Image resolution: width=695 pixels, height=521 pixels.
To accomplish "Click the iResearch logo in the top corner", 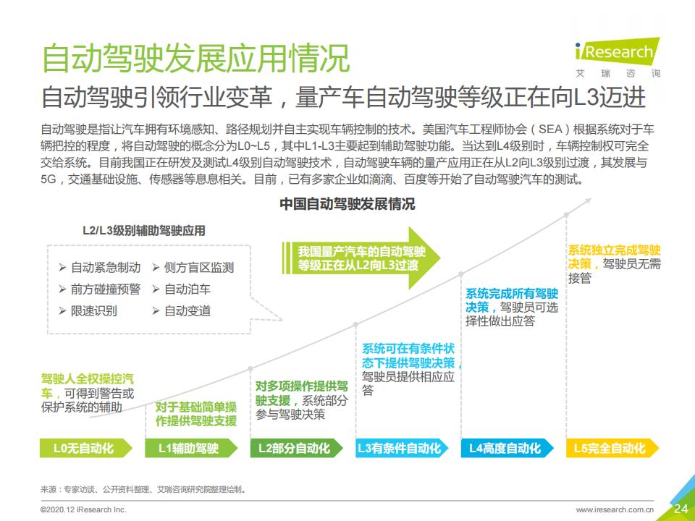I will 617,56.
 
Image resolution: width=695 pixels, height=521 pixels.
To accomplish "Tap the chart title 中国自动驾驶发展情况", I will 347,204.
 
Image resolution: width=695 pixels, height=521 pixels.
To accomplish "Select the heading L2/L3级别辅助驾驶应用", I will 143,231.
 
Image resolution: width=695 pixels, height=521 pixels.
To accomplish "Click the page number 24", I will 681,508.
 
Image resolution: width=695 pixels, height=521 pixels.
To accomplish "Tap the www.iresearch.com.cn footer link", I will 615,509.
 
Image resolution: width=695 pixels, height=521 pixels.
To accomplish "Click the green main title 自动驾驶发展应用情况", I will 195,59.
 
